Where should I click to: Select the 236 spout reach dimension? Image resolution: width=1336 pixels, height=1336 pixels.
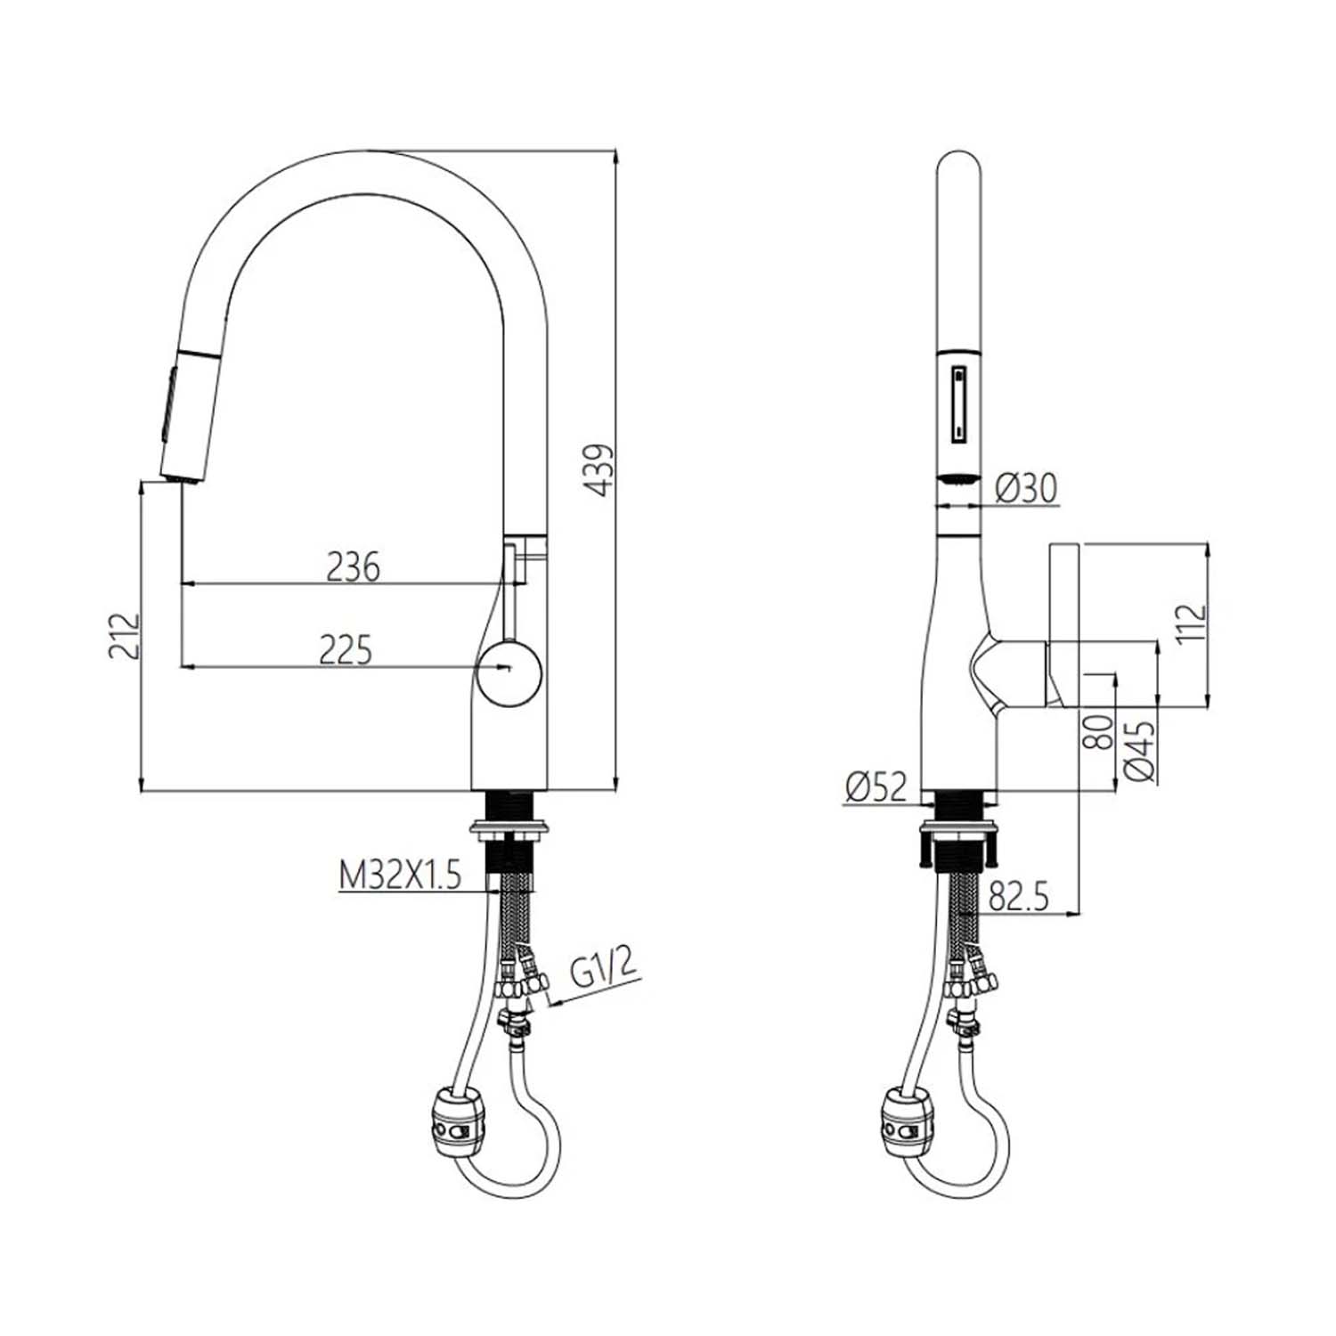[353, 566]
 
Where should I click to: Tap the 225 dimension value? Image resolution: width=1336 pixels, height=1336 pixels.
[346, 650]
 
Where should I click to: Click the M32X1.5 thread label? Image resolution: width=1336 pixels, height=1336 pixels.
[400, 876]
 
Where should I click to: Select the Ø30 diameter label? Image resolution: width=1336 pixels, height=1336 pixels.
[1026, 487]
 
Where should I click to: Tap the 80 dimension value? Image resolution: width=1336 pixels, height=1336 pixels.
[1100, 731]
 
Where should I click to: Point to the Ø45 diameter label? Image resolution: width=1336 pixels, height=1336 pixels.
[1141, 750]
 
